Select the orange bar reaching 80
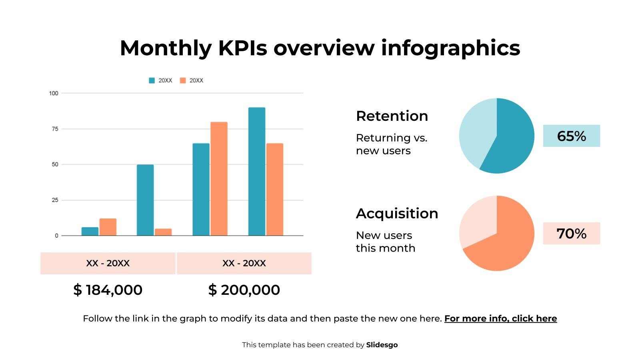click(x=219, y=178)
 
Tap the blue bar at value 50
click(x=145, y=200)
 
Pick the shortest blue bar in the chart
click(x=90, y=231)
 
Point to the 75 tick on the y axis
click(x=55, y=129)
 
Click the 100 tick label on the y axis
click(x=54, y=93)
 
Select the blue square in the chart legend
click(x=152, y=80)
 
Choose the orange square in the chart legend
click(x=183, y=80)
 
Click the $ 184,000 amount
click(x=108, y=290)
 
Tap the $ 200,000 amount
click(x=244, y=290)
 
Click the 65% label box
click(x=571, y=136)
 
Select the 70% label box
click(x=571, y=234)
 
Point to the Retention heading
click(x=392, y=116)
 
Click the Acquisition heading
click(x=397, y=214)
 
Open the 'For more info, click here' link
click(x=500, y=318)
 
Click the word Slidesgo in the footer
click(x=382, y=345)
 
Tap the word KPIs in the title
click(x=242, y=48)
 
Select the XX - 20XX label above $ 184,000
click(x=108, y=263)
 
